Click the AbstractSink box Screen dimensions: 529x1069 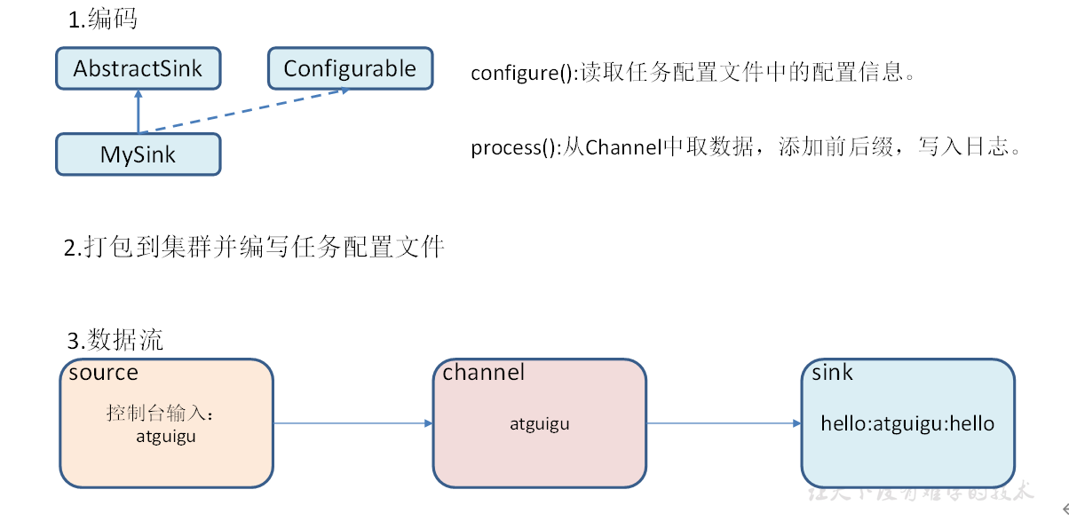click(x=138, y=69)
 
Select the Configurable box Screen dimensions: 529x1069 click(x=350, y=68)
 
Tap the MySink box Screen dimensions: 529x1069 click(x=138, y=154)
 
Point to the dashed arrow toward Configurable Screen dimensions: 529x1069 click(x=244, y=111)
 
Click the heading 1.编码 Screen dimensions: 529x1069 click(x=103, y=20)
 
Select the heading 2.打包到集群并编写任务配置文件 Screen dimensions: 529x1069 click(x=254, y=248)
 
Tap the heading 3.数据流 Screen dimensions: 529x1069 click(x=115, y=340)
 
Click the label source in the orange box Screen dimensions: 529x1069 click(x=103, y=373)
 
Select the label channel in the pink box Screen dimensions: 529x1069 click(x=484, y=373)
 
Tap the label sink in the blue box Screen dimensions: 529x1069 click(x=832, y=373)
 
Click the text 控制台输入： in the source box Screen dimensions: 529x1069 click(x=161, y=414)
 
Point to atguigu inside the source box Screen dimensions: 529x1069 click(x=166, y=436)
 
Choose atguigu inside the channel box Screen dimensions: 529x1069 click(x=539, y=424)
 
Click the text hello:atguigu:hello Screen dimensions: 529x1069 click(x=907, y=424)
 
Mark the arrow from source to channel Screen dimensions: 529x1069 click(x=352, y=423)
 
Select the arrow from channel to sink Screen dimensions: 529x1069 click(x=724, y=423)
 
